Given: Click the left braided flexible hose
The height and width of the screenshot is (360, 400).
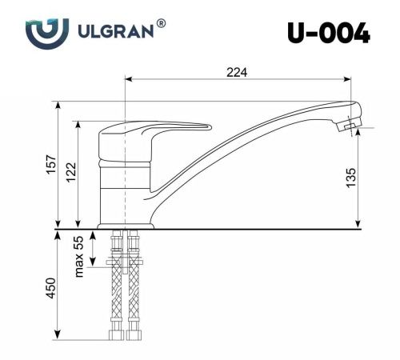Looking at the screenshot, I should tap(117, 296).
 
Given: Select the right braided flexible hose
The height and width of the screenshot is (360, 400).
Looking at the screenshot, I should tap(133, 296).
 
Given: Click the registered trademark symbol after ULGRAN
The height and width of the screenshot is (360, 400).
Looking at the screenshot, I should tap(162, 24).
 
